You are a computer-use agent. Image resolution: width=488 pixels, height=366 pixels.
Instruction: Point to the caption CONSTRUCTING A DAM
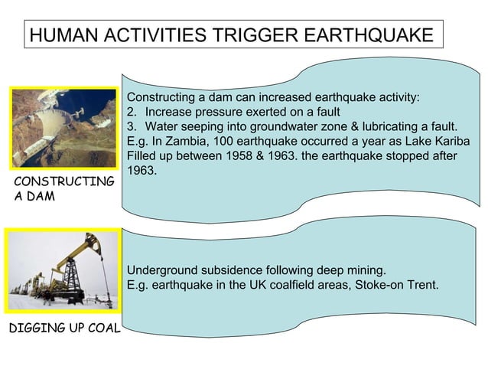click(62, 189)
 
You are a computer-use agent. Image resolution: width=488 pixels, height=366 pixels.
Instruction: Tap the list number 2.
click(131, 113)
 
